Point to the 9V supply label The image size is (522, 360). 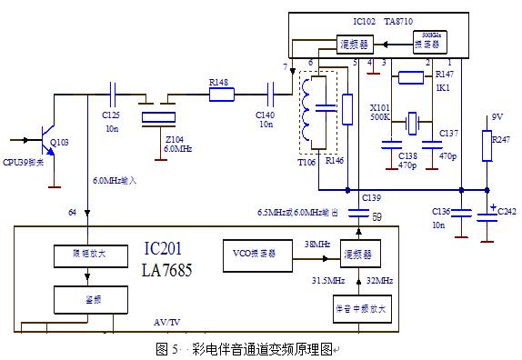pyautogui.click(x=497, y=117)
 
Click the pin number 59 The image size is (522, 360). pyautogui.click(x=377, y=216)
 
